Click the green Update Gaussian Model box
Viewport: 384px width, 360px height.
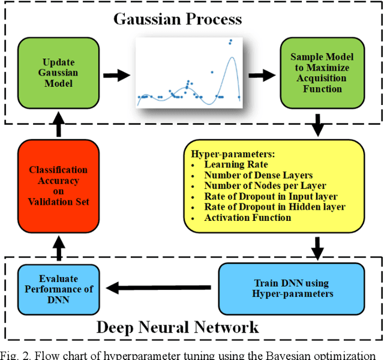59,73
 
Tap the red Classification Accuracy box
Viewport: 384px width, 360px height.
58,185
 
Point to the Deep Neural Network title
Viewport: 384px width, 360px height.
178,327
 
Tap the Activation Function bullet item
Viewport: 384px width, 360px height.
248,217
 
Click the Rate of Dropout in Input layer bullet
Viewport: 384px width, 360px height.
271,196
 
